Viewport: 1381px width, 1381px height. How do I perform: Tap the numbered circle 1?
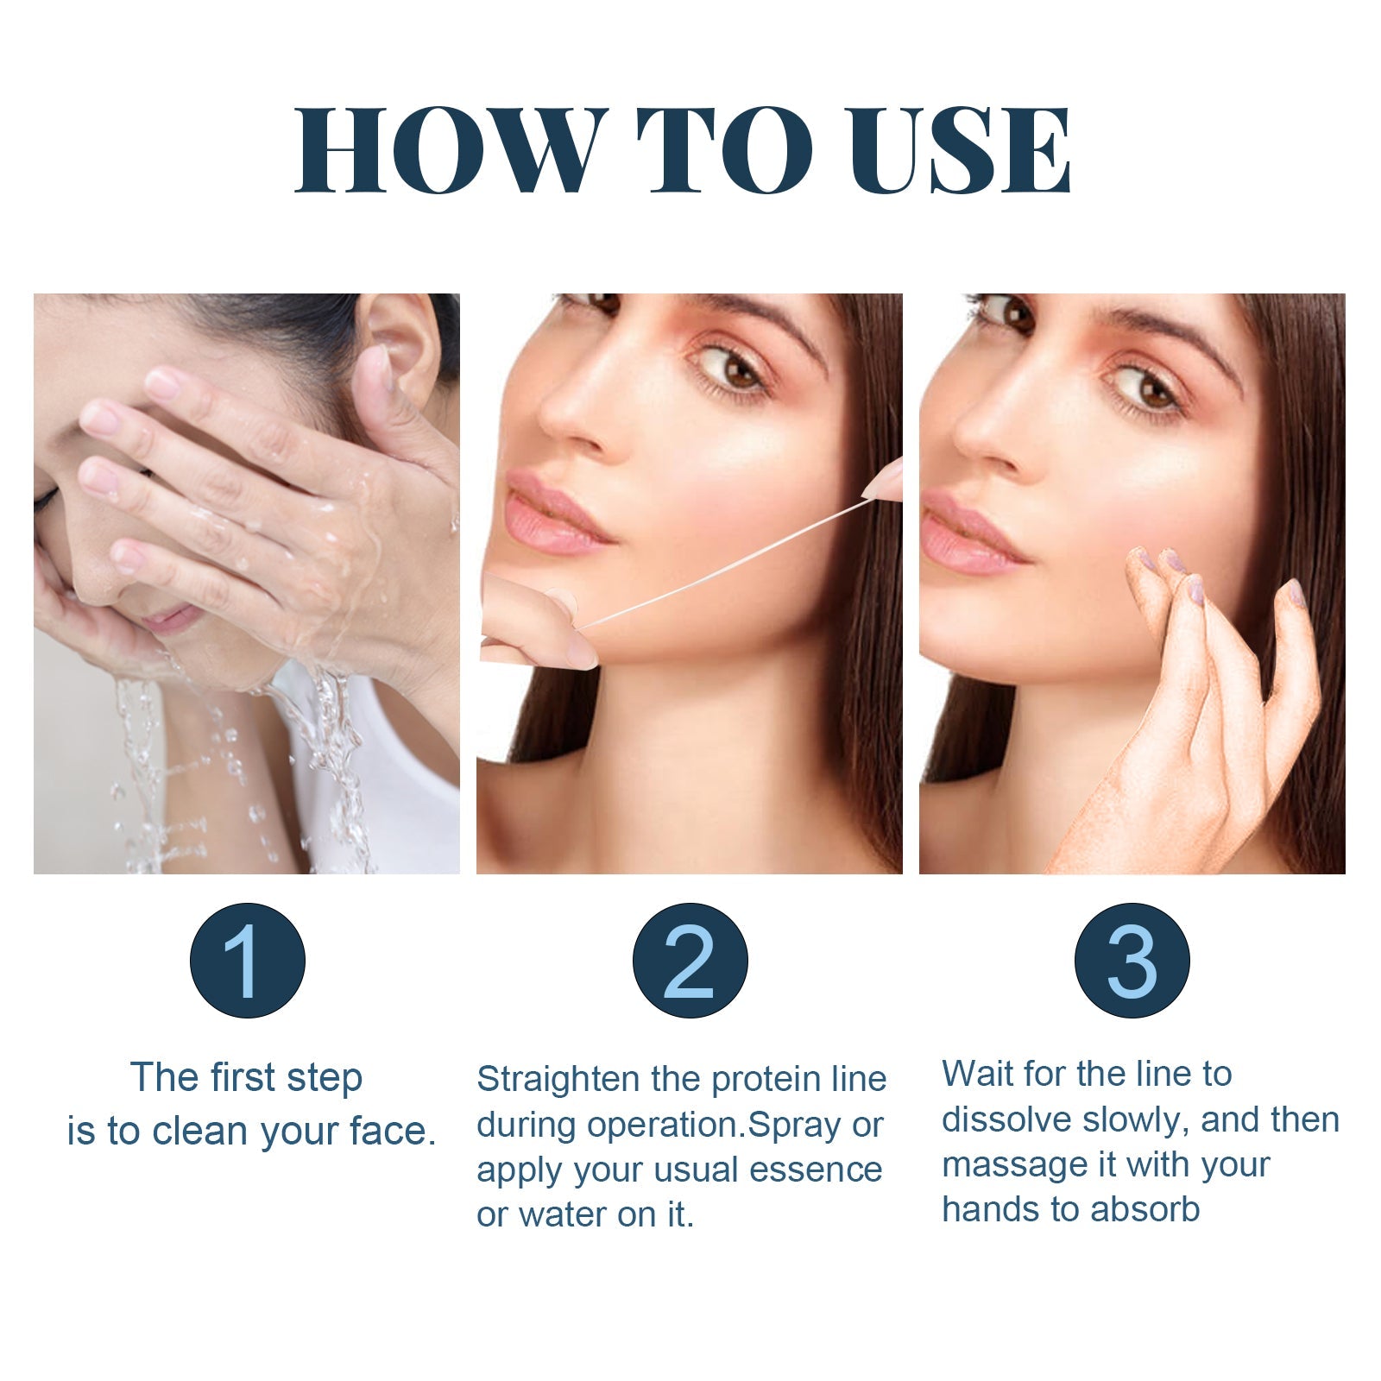248,961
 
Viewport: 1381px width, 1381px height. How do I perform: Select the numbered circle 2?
690,961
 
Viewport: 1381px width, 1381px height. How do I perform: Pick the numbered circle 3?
1132,961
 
